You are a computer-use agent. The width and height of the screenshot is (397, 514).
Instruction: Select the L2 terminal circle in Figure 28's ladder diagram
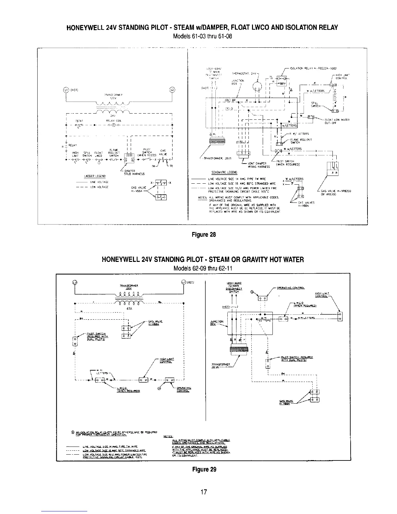(x=172, y=90)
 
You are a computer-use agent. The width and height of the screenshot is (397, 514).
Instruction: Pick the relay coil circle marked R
(x=113, y=125)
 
